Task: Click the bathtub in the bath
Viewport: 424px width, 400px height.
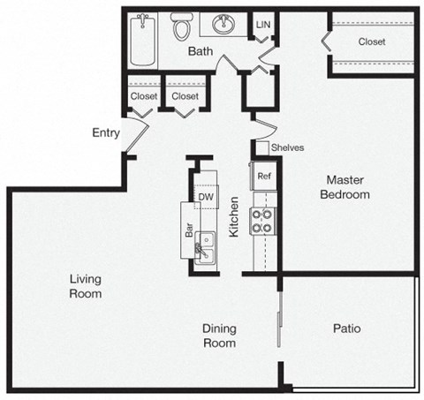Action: [x=144, y=39]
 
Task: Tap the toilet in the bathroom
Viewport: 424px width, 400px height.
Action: [x=183, y=28]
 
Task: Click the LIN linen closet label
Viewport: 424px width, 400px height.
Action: [x=262, y=25]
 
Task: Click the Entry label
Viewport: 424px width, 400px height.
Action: [x=106, y=132]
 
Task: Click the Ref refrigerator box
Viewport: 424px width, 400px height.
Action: [x=263, y=176]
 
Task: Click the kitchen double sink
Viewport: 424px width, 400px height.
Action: [x=205, y=245]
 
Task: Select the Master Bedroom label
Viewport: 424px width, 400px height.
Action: [x=344, y=186]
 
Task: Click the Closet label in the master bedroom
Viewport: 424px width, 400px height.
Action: [x=372, y=41]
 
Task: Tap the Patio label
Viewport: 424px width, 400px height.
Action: [x=346, y=328]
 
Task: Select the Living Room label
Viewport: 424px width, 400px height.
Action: [x=86, y=286]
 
